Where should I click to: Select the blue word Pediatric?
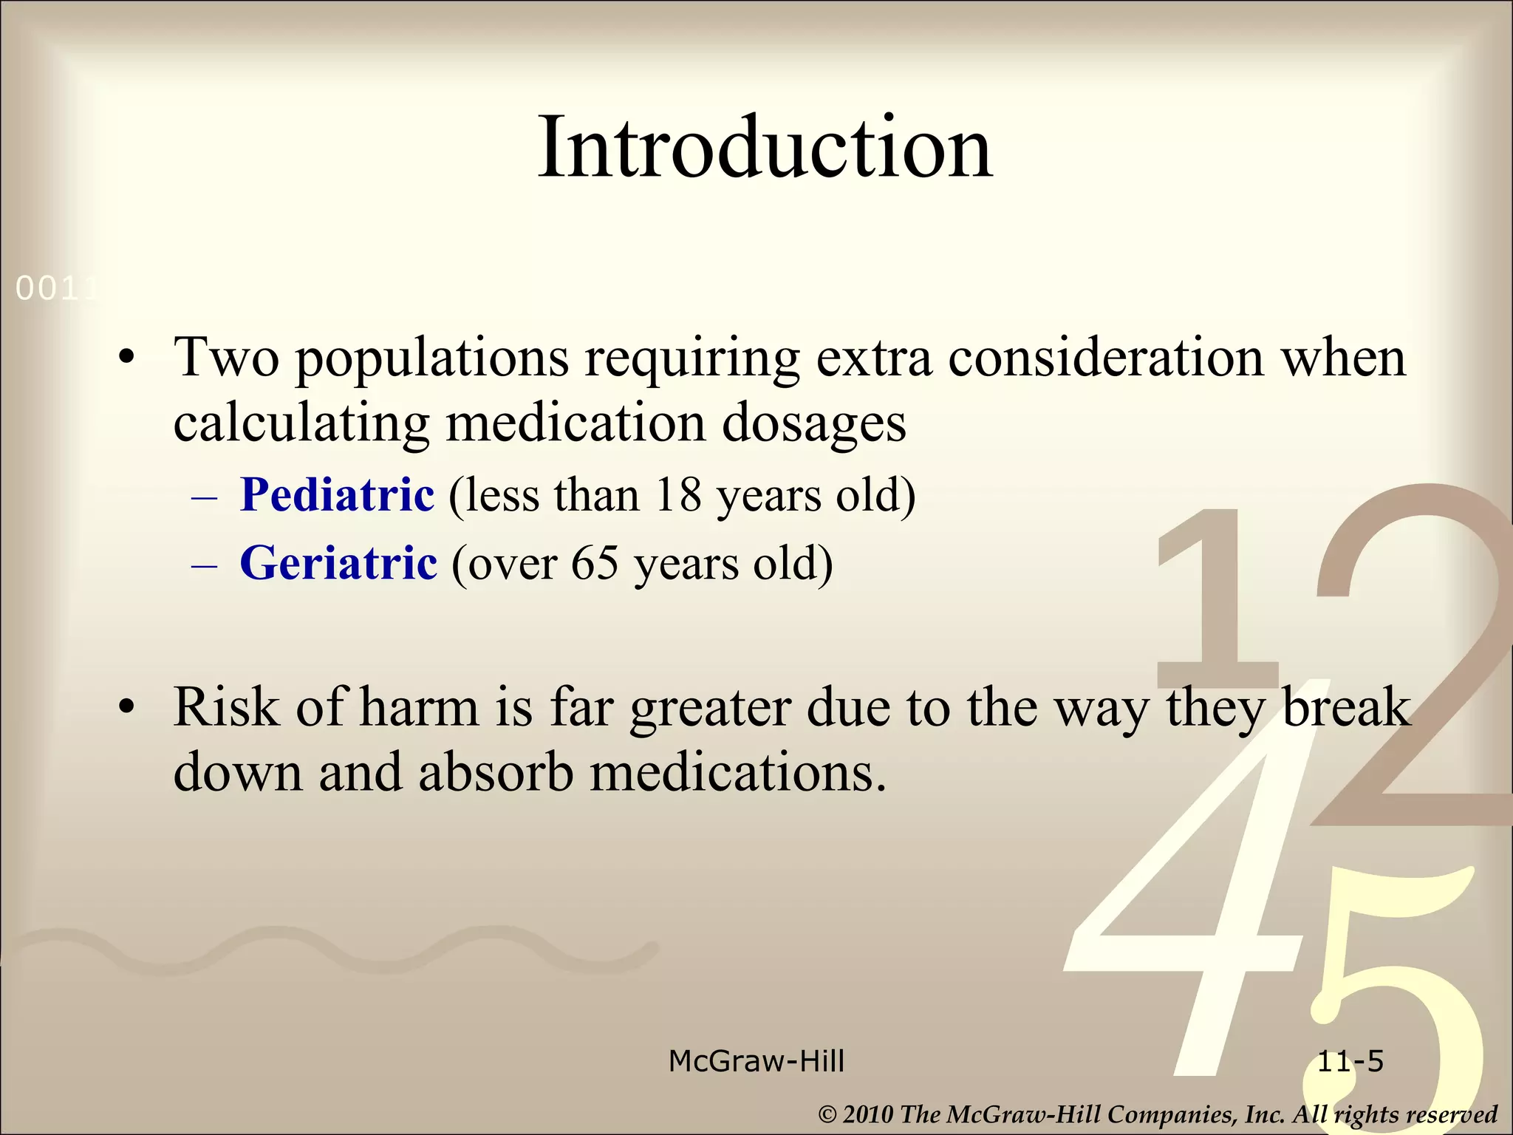click(337, 494)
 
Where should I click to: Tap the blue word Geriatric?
click(338, 563)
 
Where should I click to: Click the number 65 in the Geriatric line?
click(594, 563)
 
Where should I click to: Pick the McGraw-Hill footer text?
click(756, 1061)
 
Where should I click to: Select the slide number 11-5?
click(1350, 1061)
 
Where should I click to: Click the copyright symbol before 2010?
click(827, 1114)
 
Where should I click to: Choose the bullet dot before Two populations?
click(127, 358)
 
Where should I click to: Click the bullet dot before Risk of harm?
click(127, 708)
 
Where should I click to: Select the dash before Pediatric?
click(204, 496)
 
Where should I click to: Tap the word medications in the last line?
click(737, 772)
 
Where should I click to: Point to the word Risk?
click(226, 708)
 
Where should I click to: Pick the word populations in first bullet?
click(432, 359)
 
